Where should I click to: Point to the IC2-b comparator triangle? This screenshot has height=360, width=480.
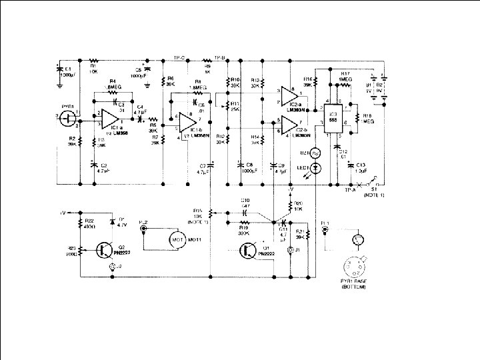[x=288, y=125]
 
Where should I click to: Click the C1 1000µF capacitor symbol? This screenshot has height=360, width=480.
[x=60, y=70]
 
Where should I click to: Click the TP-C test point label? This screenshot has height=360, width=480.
[x=178, y=57]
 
